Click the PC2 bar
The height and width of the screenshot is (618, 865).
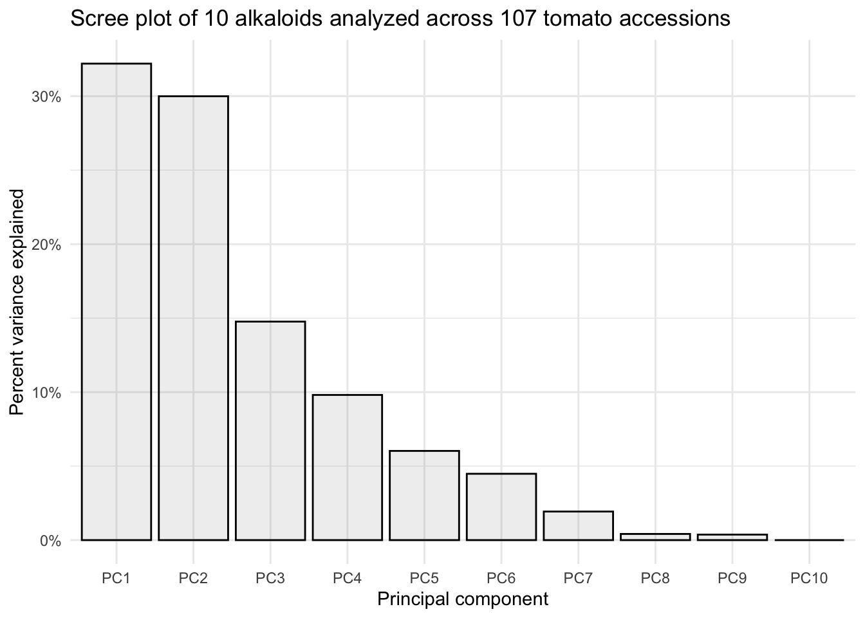coord(193,318)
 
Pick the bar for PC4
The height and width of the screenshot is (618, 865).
coord(348,467)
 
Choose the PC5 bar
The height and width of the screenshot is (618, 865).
coord(424,495)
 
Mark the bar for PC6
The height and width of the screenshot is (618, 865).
coord(501,507)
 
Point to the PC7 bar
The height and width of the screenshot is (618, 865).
coord(578,525)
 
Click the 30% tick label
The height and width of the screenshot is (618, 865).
coord(46,97)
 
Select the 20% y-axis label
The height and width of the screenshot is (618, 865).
coord(46,245)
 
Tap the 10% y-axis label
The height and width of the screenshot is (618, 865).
coord(46,393)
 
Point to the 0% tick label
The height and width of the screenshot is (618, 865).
coord(50,541)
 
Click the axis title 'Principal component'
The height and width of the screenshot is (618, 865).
coord(463,599)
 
